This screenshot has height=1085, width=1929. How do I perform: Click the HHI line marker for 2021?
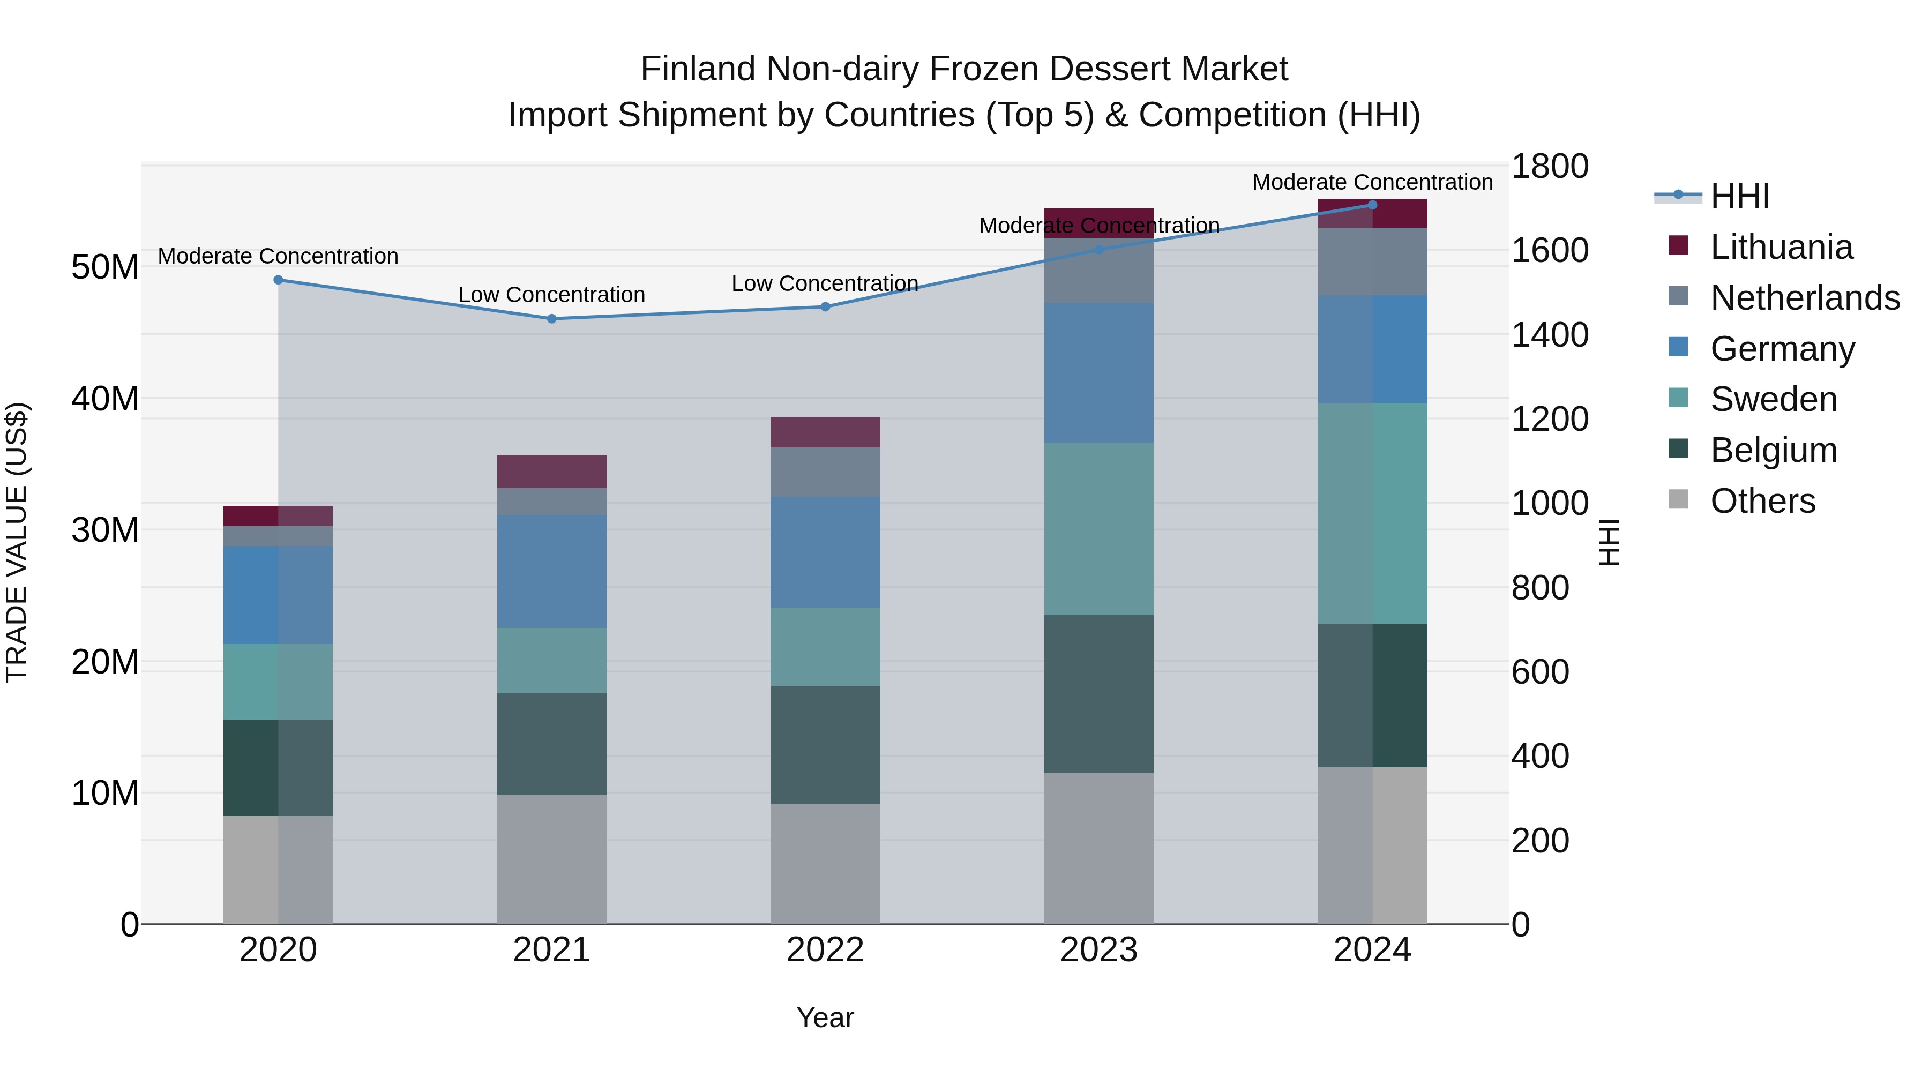[552, 319]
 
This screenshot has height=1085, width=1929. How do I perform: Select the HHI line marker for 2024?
[1373, 205]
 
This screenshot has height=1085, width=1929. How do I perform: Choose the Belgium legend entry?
[1773, 450]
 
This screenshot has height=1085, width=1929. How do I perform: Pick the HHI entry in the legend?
[1739, 196]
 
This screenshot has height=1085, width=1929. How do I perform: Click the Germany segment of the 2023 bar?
[1098, 373]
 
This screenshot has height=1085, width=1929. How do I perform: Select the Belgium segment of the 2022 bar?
[825, 745]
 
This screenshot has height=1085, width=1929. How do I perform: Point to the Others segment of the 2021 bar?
[552, 859]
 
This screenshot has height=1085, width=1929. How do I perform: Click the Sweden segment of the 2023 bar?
[1098, 529]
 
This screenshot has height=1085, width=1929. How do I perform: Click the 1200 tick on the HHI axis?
[1549, 420]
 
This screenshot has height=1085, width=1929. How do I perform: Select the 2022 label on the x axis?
[825, 950]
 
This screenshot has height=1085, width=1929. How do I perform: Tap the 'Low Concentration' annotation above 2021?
[552, 295]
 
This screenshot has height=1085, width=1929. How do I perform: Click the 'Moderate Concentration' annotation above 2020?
[278, 256]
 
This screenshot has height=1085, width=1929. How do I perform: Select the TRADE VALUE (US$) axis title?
[17, 542]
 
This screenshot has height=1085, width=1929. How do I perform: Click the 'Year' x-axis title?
[825, 1017]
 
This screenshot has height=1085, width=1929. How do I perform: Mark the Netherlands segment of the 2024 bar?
[1373, 262]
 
